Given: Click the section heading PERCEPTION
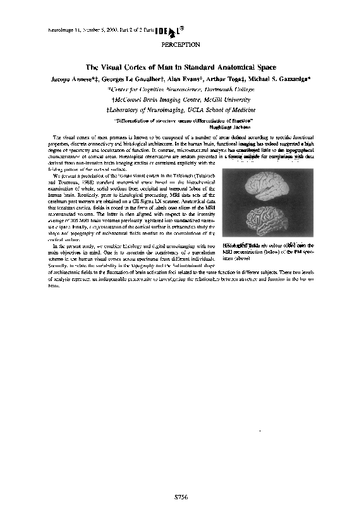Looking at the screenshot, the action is [181, 45].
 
